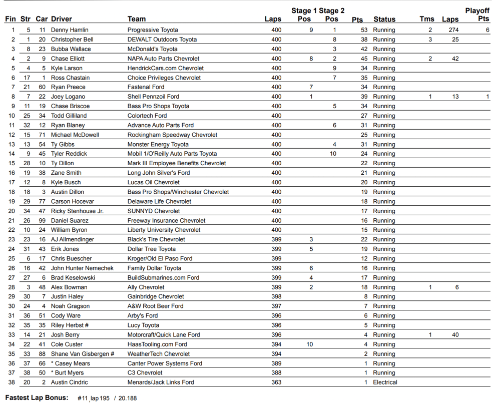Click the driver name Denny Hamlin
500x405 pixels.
[70, 30]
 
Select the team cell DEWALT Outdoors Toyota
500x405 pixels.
[162, 40]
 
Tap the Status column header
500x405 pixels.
[384, 20]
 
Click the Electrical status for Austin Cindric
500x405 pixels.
[385, 382]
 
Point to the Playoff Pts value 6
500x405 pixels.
[487, 30]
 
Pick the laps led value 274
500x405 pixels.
[453, 30]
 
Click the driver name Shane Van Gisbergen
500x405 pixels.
[83, 354]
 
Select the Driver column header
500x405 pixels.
[62, 20]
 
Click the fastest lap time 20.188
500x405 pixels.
[128, 398]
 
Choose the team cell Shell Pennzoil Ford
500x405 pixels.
[153, 97]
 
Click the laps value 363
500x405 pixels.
[276, 382]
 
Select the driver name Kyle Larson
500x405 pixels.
[67, 68]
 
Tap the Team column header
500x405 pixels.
[137, 20]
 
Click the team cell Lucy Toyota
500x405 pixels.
[143, 325]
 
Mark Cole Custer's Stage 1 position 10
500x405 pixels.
[310, 344]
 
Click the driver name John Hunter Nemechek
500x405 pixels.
[82, 268]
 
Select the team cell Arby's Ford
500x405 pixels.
[143, 316]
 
